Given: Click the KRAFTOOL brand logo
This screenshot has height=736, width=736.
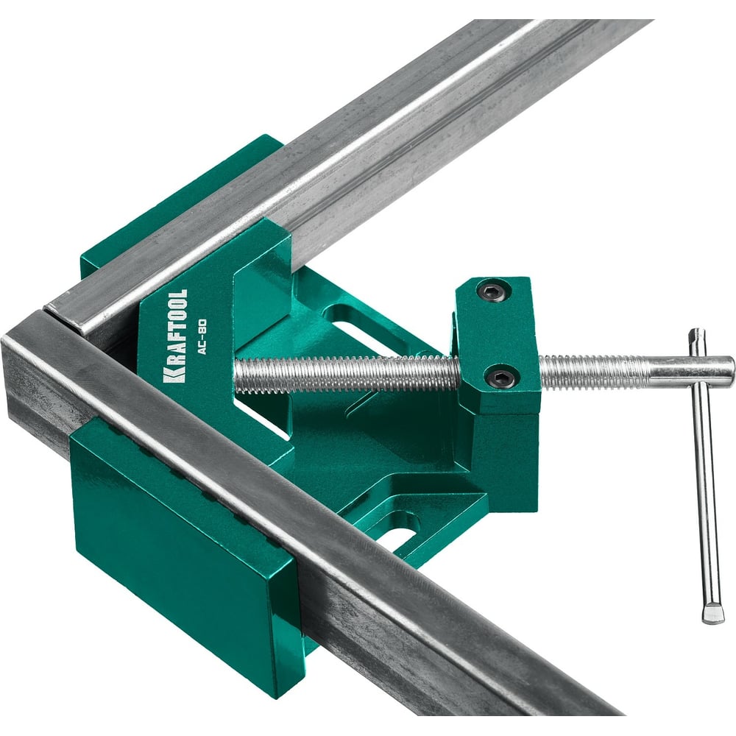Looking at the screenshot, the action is (x=176, y=336).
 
